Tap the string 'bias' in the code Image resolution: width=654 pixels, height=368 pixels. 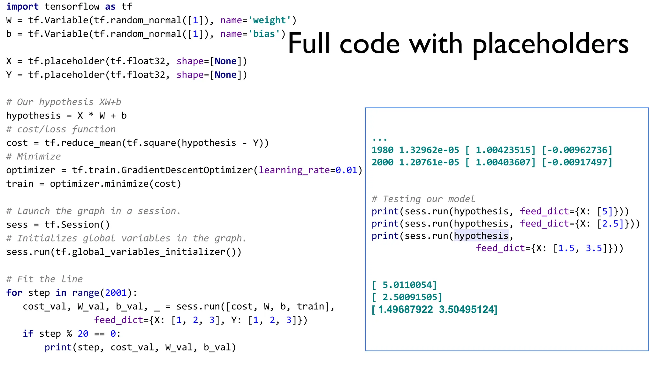tap(264, 34)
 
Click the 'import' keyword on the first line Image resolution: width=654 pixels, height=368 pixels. tap(22, 7)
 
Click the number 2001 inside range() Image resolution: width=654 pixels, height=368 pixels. tap(116, 293)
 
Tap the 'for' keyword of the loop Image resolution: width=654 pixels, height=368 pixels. tap(14, 293)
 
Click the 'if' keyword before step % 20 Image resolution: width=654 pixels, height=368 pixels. tap(28, 333)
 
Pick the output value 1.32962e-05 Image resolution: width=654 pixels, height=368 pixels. tap(429, 150)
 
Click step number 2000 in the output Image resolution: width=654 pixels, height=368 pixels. tap(383, 162)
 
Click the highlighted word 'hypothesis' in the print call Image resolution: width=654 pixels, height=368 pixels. tap(481, 236)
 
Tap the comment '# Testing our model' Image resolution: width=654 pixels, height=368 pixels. tap(423, 199)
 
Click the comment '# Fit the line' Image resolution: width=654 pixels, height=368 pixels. tap(44, 279)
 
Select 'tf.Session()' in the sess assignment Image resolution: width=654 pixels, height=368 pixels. tap(77, 225)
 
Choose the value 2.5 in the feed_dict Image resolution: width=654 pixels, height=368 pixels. tap(611, 224)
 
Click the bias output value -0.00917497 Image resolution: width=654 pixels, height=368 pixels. tap(577, 162)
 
